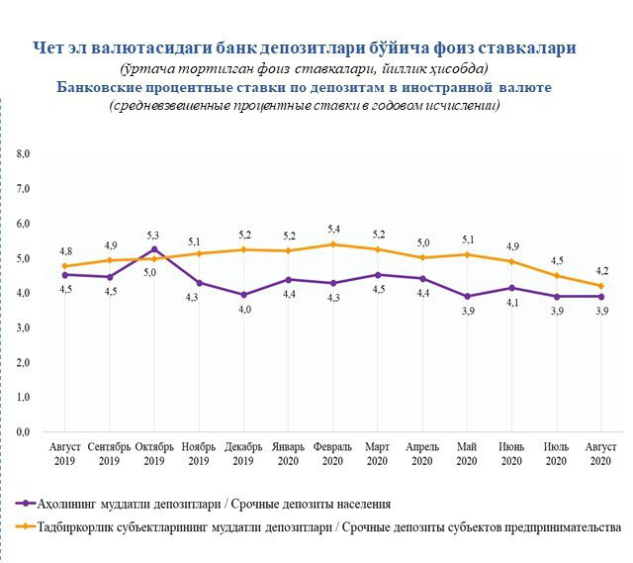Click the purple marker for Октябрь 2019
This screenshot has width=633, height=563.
click(x=154, y=249)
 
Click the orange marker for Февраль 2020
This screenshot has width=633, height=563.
click(x=333, y=244)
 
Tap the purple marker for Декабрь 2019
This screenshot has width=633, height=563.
click(x=243, y=295)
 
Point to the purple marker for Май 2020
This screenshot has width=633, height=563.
click(x=468, y=297)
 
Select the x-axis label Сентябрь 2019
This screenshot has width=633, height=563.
click(x=109, y=454)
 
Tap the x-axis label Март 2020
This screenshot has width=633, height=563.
click(x=378, y=454)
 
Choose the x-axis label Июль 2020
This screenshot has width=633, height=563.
click(x=557, y=454)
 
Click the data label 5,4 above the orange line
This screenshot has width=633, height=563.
click(x=333, y=229)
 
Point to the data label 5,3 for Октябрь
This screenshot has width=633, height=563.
click(x=154, y=235)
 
